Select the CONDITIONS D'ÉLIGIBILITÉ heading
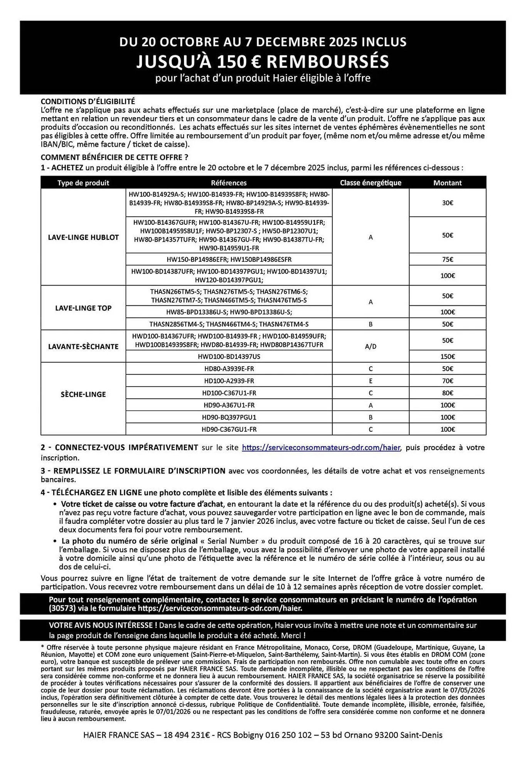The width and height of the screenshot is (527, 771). click(88, 101)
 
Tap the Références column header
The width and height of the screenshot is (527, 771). click(229, 183)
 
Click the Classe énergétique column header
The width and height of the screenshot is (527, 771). click(370, 183)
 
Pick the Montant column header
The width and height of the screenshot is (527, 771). click(447, 183)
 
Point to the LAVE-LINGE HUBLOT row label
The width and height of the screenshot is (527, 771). click(83, 237)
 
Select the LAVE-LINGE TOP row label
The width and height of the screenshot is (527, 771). click(83, 308)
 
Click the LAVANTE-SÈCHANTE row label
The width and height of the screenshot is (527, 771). click(83, 347)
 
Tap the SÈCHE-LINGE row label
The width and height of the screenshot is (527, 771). click(83, 394)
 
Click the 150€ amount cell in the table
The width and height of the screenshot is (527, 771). click(447, 357)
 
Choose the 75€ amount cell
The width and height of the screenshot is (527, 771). click(447, 259)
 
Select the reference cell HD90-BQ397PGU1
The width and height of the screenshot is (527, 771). click(229, 417)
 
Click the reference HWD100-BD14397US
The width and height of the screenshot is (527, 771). click(229, 357)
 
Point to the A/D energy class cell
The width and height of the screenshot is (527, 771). click(370, 347)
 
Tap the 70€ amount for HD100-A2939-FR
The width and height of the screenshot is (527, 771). click(447, 381)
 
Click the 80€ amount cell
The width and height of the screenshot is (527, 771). click(447, 393)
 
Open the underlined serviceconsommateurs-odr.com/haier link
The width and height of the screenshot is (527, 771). click(321, 448)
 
